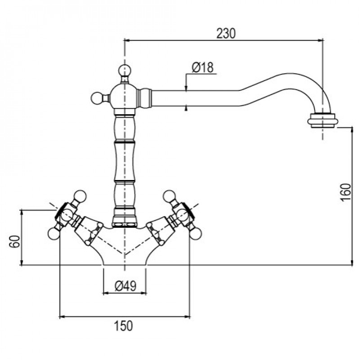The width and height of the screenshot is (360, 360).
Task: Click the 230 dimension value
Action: click(x=226, y=33)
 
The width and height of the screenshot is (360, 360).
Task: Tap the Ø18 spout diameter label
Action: click(x=203, y=67)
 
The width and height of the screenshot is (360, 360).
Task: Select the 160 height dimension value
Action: click(x=346, y=193)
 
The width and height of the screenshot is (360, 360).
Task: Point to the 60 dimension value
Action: click(x=15, y=241)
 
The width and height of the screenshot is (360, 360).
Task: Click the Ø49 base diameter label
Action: click(x=126, y=286)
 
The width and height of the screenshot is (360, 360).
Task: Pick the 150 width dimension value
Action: click(x=123, y=326)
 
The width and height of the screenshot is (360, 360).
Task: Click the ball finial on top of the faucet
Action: click(x=125, y=70)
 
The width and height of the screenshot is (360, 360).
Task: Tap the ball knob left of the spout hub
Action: click(x=97, y=98)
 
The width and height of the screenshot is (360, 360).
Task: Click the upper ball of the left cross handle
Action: click(x=81, y=196)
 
